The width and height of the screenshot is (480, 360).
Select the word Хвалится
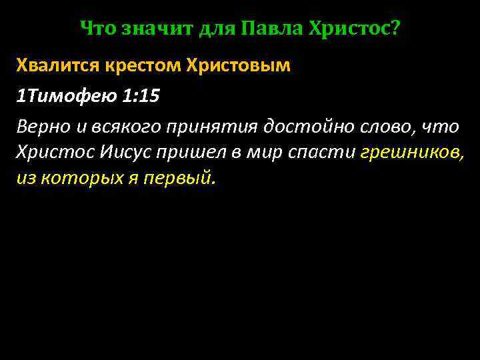pos(57,67)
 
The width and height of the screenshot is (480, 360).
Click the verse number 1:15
pos(141,97)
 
